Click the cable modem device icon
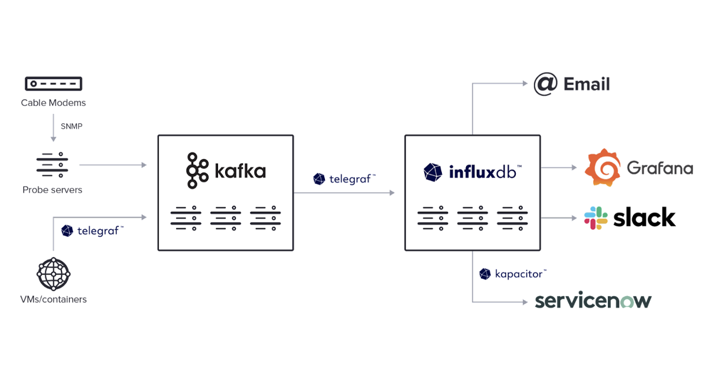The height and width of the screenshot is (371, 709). [53, 84]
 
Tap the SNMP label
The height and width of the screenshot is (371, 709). [71, 126]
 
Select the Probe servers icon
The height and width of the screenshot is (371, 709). [53, 165]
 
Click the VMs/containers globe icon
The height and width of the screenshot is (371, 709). [53, 273]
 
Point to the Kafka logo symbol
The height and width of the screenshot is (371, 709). [197, 171]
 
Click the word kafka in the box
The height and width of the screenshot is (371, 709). [240, 171]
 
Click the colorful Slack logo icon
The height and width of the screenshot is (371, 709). [596, 218]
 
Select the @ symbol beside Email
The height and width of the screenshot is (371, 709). [545, 84]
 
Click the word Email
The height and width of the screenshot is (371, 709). [586, 84]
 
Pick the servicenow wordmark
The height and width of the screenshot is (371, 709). [593, 301]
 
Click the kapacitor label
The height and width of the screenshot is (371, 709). [520, 274]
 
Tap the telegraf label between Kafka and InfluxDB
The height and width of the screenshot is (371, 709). [352, 179]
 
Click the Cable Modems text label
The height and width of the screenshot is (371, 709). [53, 103]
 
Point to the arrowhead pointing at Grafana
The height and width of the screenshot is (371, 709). [574, 168]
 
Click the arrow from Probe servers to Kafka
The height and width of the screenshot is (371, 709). [112, 165]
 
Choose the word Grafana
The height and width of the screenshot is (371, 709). [659, 168]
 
